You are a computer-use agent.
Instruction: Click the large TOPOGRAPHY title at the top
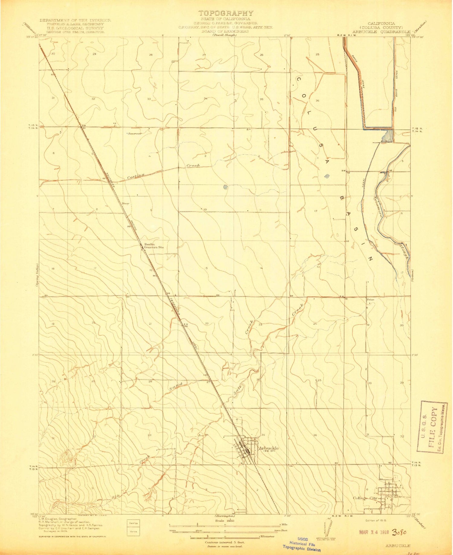(x=226, y=13)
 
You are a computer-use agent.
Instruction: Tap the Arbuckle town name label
(x=268, y=448)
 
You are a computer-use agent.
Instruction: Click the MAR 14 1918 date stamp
(x=374, y=532)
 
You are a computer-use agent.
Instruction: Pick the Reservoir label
(x=135, y=133)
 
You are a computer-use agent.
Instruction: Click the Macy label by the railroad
(x=125, y=204)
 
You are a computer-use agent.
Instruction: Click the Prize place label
(x=371, y=300)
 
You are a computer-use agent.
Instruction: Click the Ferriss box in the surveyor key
(x=134, y=523)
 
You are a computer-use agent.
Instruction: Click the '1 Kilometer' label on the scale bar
(x=265, y=536)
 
